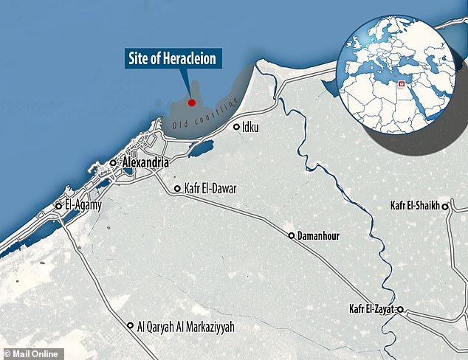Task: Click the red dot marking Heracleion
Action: [190, 103]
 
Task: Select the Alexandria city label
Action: [145, 162]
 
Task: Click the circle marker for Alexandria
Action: [112, 162]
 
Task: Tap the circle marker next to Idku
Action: [237, 127]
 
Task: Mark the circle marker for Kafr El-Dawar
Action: [177, 189]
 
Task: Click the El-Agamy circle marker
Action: [59, 207]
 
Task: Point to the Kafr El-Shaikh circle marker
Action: [446, 207]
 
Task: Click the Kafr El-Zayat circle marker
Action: [400, 310]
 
